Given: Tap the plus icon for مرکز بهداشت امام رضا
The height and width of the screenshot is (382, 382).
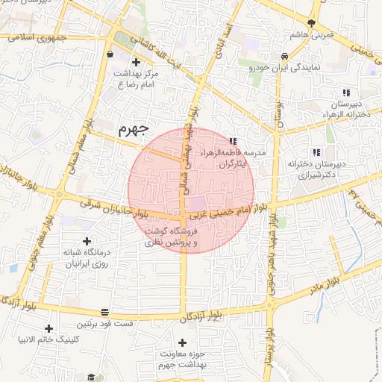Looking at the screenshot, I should (136, 62).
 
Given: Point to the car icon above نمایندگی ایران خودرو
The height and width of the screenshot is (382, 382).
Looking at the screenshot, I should (284, 57).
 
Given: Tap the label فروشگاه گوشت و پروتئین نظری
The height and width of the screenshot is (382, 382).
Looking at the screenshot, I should (176, 237).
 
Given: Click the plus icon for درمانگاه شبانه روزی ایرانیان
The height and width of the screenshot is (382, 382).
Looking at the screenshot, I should (88, 241).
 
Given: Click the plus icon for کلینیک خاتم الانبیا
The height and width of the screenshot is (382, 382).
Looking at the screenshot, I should (49, 328).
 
